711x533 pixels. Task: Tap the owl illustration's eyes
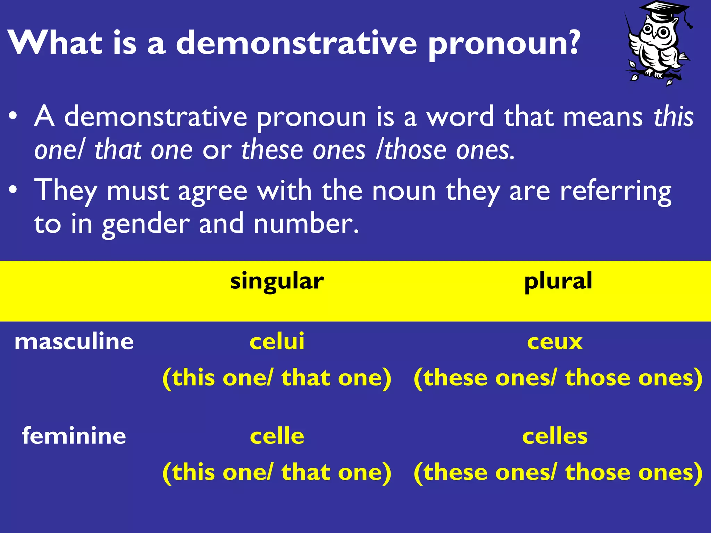click(655, 32)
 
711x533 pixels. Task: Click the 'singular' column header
click(277, 281)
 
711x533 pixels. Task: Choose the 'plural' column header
click(558, 281)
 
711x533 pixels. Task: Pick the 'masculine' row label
click(74, 341)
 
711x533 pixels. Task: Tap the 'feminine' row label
click(74, 436)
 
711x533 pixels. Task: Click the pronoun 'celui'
click(277, 341)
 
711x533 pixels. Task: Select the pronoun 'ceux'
click(554, 342)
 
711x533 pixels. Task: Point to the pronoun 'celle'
click(277, 436)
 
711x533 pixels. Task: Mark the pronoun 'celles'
click(554, 436)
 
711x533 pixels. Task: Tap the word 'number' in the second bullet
click(306, 224)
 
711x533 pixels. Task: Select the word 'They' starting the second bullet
click(66, 191)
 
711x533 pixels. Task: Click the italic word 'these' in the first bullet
click(268, 150)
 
